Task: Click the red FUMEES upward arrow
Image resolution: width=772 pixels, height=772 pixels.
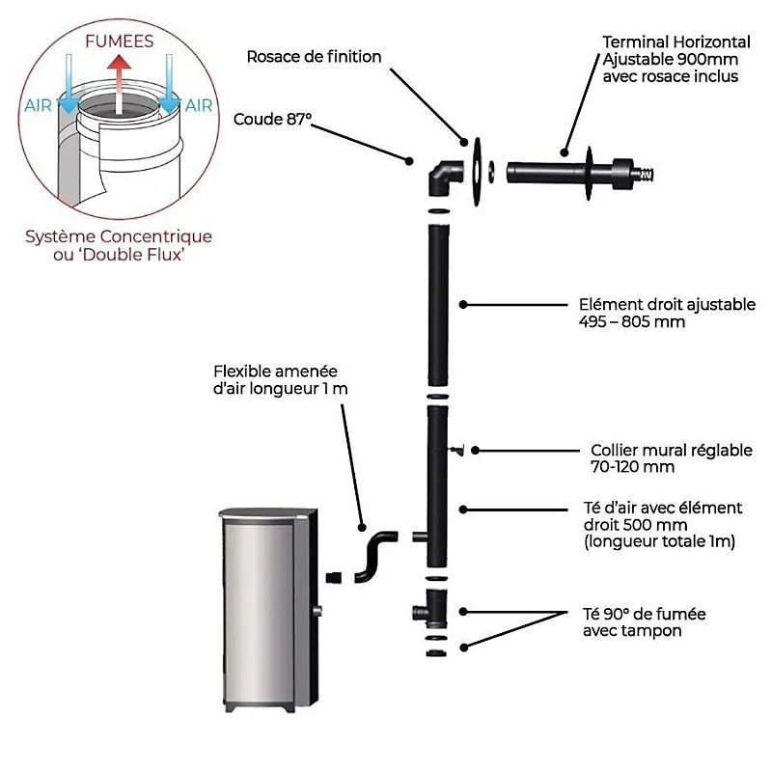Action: [x=119, y=84]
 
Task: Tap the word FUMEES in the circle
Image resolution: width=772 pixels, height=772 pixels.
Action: [x=119, y=41]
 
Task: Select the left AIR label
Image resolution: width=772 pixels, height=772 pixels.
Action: [x=38, y=106]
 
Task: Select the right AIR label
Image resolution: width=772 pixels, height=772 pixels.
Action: [x=199, y=106]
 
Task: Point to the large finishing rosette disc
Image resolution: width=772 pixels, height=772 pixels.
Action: [x=477, y=172]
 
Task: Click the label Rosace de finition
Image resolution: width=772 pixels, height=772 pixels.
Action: [x=315, y=57]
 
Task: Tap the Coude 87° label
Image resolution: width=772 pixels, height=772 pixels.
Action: [x=272, y=119]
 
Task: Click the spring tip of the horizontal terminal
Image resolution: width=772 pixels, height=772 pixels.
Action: [x=646, y=174]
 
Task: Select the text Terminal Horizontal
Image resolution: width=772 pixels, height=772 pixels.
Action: [x=676, y=42]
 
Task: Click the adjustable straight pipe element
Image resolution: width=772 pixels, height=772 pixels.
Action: [x=438, y=305]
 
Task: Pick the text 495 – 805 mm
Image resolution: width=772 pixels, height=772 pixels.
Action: [x=632, y=322]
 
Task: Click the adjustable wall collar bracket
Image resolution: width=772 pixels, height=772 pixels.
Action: [x=456, y=450]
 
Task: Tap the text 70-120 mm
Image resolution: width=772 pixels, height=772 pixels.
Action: [x=632, y=467]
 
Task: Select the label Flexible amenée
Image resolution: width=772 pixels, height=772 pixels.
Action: [x=276, y=372]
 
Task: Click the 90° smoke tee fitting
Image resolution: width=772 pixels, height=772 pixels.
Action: [x=429, y=609]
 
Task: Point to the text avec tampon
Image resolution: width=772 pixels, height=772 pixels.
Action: [x=632, y=631]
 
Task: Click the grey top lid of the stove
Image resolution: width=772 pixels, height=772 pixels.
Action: [x=268, y=513]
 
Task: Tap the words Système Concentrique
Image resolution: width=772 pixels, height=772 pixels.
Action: [x=119, y=236]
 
